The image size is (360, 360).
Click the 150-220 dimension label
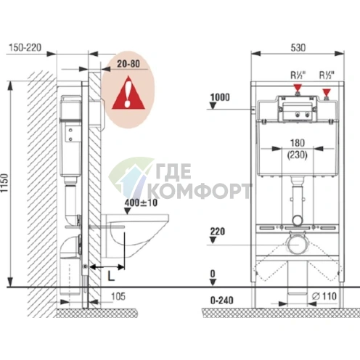25,47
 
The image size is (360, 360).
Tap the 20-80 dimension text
128,64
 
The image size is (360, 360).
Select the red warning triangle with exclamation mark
128,93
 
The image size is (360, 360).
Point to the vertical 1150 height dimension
4,183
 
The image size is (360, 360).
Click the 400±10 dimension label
141,202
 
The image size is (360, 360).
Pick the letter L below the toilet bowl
111,276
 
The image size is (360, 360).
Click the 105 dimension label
118,296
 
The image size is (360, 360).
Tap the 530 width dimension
298,48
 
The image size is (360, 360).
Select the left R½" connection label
298,75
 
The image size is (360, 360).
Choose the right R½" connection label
327,75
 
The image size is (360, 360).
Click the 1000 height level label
220,97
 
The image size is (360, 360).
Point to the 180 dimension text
298,143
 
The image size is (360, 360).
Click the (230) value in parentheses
298,155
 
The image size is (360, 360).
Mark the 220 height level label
218,232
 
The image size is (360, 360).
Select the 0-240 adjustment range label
222,300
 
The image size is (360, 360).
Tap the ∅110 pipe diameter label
324,296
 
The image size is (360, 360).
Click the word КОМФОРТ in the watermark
199,191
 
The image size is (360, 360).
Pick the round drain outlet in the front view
298,245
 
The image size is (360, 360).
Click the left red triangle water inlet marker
298,87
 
